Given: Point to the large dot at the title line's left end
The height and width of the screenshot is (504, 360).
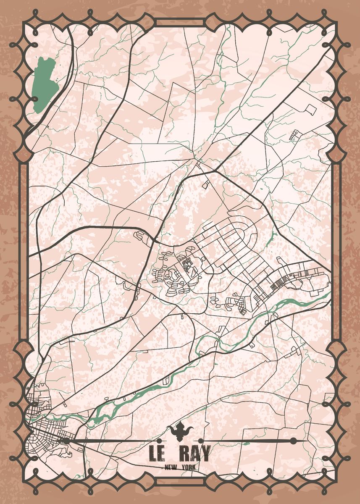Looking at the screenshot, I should [66, 441].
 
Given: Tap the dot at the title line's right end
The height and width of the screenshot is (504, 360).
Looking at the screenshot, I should [293, 441].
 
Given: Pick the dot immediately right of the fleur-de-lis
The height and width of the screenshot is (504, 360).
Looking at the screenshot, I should [201, 441].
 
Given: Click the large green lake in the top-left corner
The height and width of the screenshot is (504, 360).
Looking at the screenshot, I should [43, 84].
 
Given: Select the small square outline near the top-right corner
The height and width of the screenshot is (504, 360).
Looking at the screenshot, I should [310, 109].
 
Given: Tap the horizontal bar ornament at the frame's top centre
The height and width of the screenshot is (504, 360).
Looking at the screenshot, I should [180, 22].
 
